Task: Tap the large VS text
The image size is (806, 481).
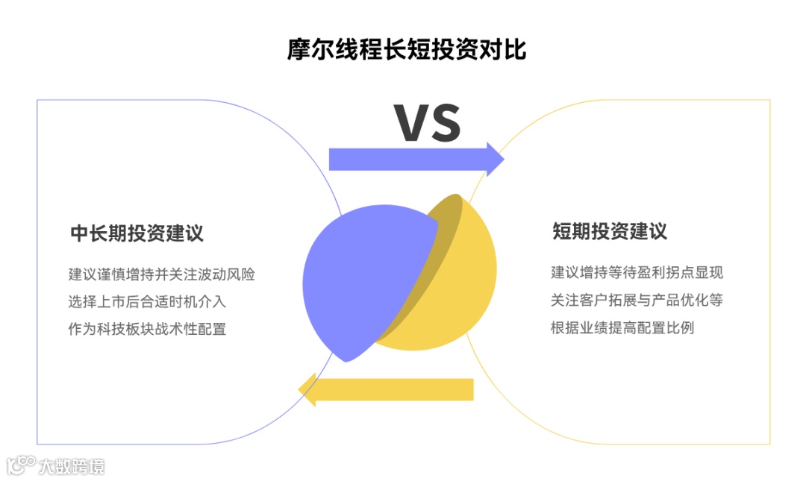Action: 427,123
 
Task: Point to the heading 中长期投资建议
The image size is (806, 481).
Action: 137,233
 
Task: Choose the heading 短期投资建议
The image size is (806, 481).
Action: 610,231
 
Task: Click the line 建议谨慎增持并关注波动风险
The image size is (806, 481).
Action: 162,274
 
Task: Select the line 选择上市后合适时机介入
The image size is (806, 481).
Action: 147,301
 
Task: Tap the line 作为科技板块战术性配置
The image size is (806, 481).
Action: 147,328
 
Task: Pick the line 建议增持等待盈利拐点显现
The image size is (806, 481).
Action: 637,272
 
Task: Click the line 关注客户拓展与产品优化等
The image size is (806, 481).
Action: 637,300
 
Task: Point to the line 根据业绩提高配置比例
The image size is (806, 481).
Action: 622,327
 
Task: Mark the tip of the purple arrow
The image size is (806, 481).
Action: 502,159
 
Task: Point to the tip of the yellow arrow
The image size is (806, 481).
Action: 300,389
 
